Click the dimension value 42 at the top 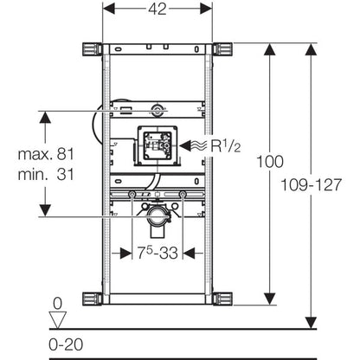pos(157,11)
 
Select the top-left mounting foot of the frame pos(91,48)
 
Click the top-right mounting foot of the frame pos(223,48)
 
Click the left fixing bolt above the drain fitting pos(132,196)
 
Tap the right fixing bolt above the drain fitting pos(183,196)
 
